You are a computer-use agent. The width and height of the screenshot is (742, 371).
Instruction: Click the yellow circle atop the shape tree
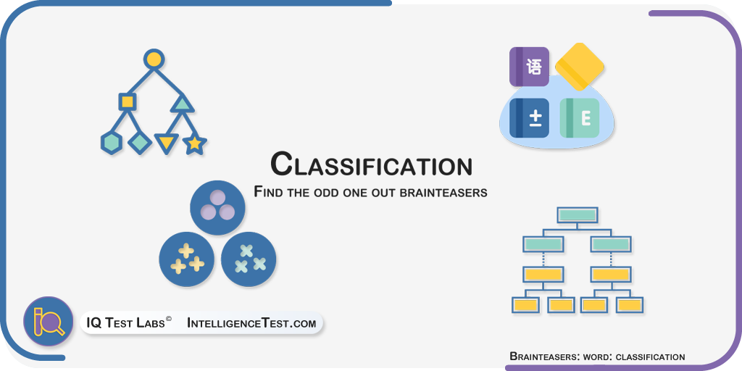154,59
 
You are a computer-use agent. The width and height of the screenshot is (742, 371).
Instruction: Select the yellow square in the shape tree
127,101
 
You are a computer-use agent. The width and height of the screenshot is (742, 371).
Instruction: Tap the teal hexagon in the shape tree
112,143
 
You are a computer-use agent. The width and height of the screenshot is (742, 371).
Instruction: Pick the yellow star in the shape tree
194,144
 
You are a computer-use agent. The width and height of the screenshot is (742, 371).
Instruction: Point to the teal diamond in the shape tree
140,142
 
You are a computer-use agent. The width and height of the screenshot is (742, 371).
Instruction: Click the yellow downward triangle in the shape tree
167,143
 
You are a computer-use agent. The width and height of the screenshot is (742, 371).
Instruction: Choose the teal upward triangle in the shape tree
182,104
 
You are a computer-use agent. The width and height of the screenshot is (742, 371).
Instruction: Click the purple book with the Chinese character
529,67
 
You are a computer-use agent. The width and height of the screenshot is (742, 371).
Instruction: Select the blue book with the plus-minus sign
529,118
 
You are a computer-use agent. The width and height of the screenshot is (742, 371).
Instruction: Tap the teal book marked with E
580,118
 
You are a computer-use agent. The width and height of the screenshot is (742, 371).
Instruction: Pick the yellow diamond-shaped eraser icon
579,66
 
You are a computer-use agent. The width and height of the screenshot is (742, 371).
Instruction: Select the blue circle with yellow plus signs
186,259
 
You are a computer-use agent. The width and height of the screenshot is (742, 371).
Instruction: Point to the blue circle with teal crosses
249,259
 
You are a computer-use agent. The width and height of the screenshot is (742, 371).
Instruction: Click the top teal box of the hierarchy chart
578,214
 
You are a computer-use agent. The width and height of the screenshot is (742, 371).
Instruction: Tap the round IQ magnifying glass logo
49,322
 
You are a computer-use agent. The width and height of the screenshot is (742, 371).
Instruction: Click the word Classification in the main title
372,164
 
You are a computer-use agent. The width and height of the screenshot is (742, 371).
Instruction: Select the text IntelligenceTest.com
251,323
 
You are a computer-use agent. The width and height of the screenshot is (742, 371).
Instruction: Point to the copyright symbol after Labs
168,320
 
